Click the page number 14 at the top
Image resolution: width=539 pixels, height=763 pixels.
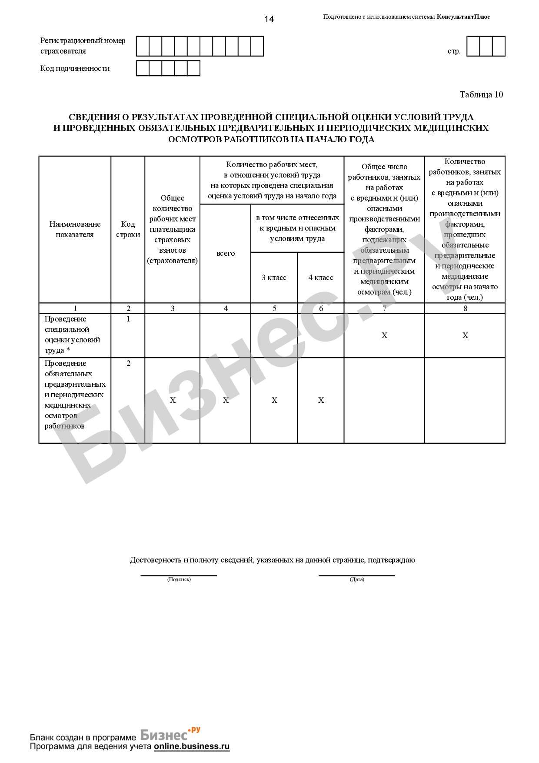click(x=269, y=19)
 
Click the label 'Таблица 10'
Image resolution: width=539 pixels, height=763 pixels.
click(x=481, y=94)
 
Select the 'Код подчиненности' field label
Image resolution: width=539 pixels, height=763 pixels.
click(x=75, y=68)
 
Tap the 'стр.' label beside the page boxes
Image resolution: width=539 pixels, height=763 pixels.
click(x=454, y=51)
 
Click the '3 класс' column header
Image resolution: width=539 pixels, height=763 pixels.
click(x=274, y=278)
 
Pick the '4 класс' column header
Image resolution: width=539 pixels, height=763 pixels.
click(x=321, y=278)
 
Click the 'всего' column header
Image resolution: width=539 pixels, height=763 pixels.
click(x=226, y=253)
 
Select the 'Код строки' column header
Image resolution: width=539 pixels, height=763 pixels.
click(x=128, y=229)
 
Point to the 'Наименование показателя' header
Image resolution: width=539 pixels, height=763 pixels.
click(x=75, y=229)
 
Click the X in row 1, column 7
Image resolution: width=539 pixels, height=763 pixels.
click(x=384, y=335)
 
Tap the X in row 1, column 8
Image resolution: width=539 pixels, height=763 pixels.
click(x=465, y=335)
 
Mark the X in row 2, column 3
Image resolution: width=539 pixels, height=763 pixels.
click(x=173, y=400)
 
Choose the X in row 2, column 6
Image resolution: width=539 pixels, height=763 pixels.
click(x=321, y=400)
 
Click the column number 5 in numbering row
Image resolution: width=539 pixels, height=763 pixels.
click(x=274, y=308)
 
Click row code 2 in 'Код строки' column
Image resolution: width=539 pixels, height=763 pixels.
click(x=128, y=363)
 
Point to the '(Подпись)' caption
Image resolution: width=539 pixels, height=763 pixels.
click(x=179, y=579)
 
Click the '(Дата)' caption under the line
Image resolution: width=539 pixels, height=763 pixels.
click(x=357, y=579)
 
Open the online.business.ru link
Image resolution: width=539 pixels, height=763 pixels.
click(x=191, y=746)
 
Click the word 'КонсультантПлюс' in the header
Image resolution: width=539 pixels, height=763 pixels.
click(x=463, y=17)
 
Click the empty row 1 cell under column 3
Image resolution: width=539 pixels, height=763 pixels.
click(x=173, y=335)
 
